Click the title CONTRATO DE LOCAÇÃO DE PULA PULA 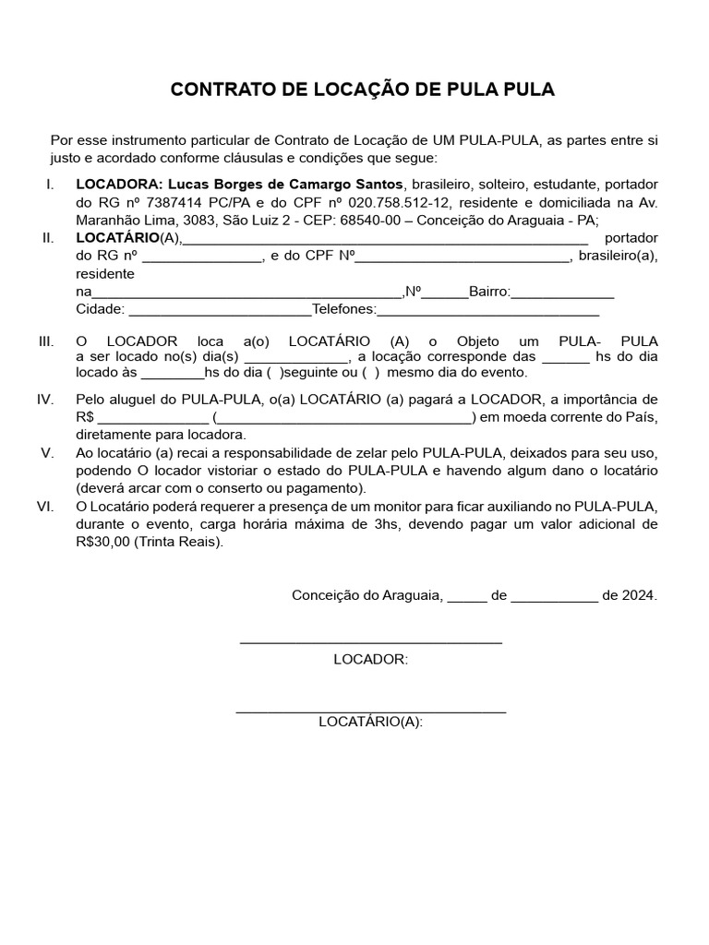coord(363,90)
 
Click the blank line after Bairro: coord(562,293)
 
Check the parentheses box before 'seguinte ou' coord(274,373)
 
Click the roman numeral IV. coord(45,400)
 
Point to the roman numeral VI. coord(46,507)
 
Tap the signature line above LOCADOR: coord(371,641)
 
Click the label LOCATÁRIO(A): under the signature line coord(370,723)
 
